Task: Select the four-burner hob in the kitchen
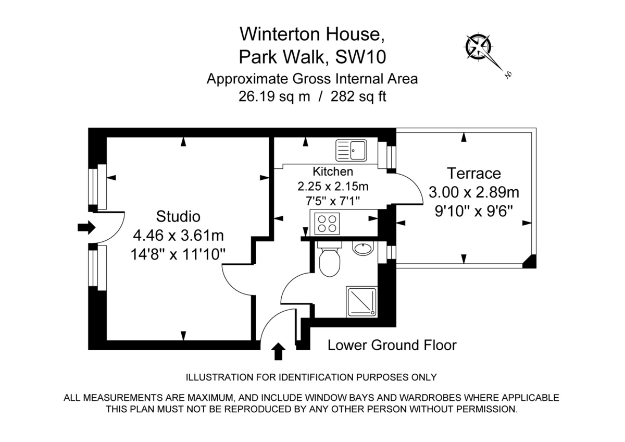[327, 223]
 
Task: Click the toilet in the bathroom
[329, 261]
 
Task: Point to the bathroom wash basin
[363, 249]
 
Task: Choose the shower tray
[361, 301]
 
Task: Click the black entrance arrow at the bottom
[279, 351]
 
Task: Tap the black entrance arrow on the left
[86, 227]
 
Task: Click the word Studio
[178, 216]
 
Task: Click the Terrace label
[473, 173]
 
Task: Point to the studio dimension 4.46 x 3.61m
[179, 235]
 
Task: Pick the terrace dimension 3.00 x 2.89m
[473, 192]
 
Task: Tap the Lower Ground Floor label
[392, 345]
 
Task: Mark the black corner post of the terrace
[530, 262]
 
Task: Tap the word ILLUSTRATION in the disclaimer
[215, 377]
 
